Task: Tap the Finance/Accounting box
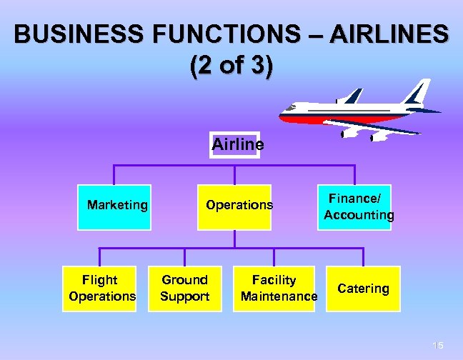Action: pos(355,207)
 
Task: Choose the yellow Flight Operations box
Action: pos(100,288)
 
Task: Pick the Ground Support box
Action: pos(184,288)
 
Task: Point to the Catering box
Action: pos(364,289)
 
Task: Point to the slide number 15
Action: pos(438,346)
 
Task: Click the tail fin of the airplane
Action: pos(415,94)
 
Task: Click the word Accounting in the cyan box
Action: pos(359,215)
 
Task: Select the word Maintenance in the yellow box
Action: pos(279,296)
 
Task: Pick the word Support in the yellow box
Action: pos(184,296)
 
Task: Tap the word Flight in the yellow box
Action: pos(100,279)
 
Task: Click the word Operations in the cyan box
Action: pos(239,205)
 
